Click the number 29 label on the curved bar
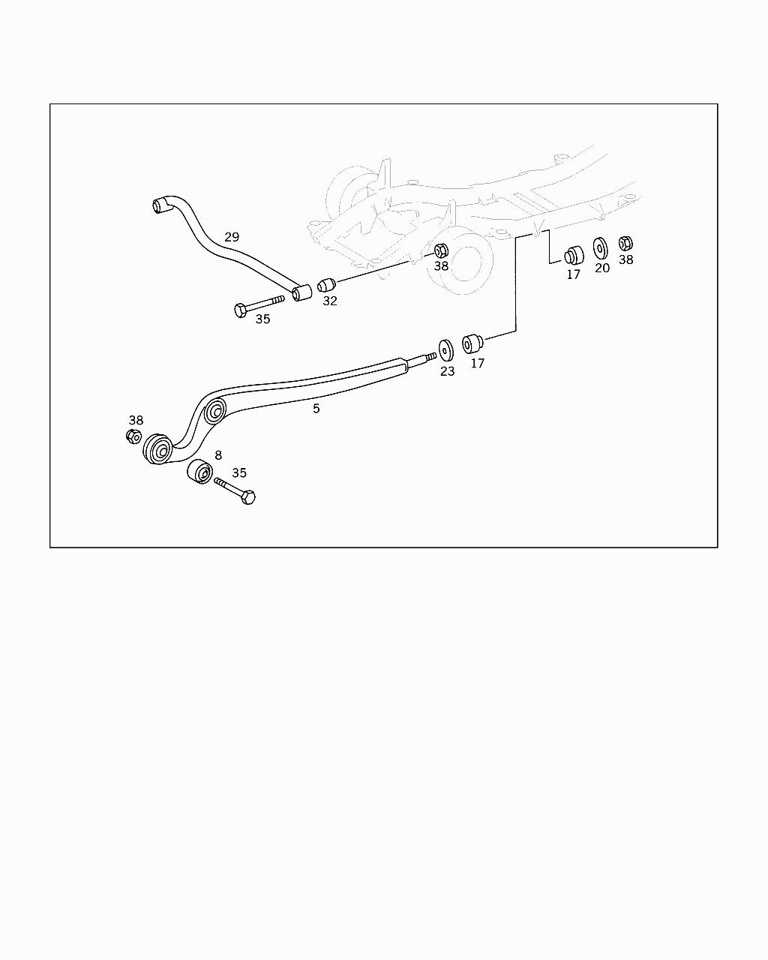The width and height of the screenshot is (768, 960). [x=232, y=237]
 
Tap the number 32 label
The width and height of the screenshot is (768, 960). [x=330, y=301]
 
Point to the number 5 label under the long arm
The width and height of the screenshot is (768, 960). [x=316, y=409]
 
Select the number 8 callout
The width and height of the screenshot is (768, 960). [x=218, y=455]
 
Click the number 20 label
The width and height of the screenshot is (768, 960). [x=602, y=268]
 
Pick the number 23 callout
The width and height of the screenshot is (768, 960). [x=447, y=370]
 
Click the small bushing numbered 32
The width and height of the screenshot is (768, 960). [x=325, y=285]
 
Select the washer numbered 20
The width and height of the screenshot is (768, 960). [x=601, y=248]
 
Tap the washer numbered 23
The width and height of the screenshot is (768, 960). [x=446, y=350]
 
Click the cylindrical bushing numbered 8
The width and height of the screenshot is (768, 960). [x=199, y=472]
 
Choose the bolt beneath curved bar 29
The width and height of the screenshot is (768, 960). [x=259, y=305]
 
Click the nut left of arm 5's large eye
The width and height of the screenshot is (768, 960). [x=133, y=436]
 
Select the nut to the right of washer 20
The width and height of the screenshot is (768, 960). [x=625, y=243]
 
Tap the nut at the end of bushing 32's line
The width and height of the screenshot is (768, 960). [x=441, y=250]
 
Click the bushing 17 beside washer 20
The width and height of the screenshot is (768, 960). [x=574, y=255]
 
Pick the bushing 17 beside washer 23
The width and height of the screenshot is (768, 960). [x=472, y=344]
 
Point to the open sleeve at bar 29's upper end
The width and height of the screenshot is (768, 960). [x=160, y=204]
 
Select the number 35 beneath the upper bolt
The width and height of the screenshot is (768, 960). [x=262, y=319]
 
